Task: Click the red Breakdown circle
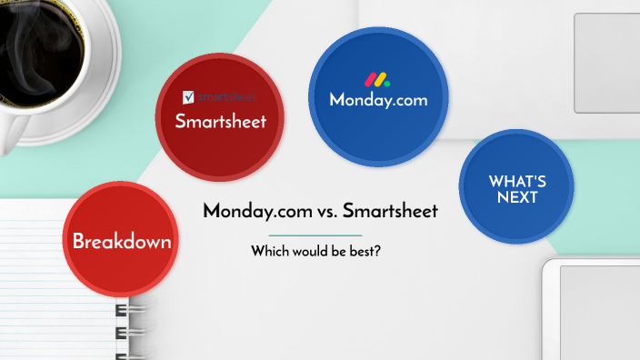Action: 122,241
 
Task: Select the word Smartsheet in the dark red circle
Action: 220,122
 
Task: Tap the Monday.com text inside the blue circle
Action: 378,100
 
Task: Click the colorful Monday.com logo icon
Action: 377,79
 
